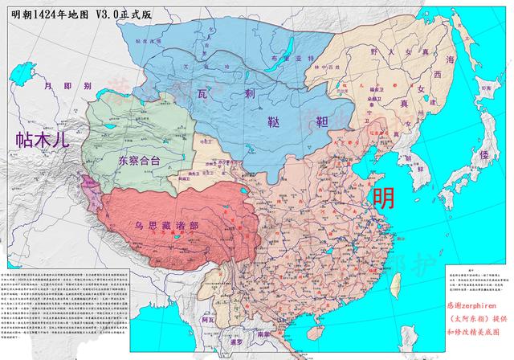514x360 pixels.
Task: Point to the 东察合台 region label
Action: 139,161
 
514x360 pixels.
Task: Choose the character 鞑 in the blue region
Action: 275,122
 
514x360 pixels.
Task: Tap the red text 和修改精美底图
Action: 475,329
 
